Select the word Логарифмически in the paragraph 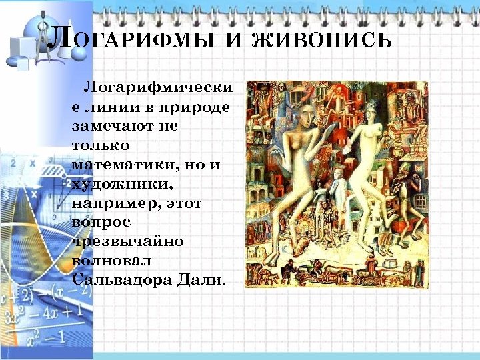tap(157, 89)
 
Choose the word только tap(100, 145)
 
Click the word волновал tap(110, 257)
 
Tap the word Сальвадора tap(121, 276)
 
